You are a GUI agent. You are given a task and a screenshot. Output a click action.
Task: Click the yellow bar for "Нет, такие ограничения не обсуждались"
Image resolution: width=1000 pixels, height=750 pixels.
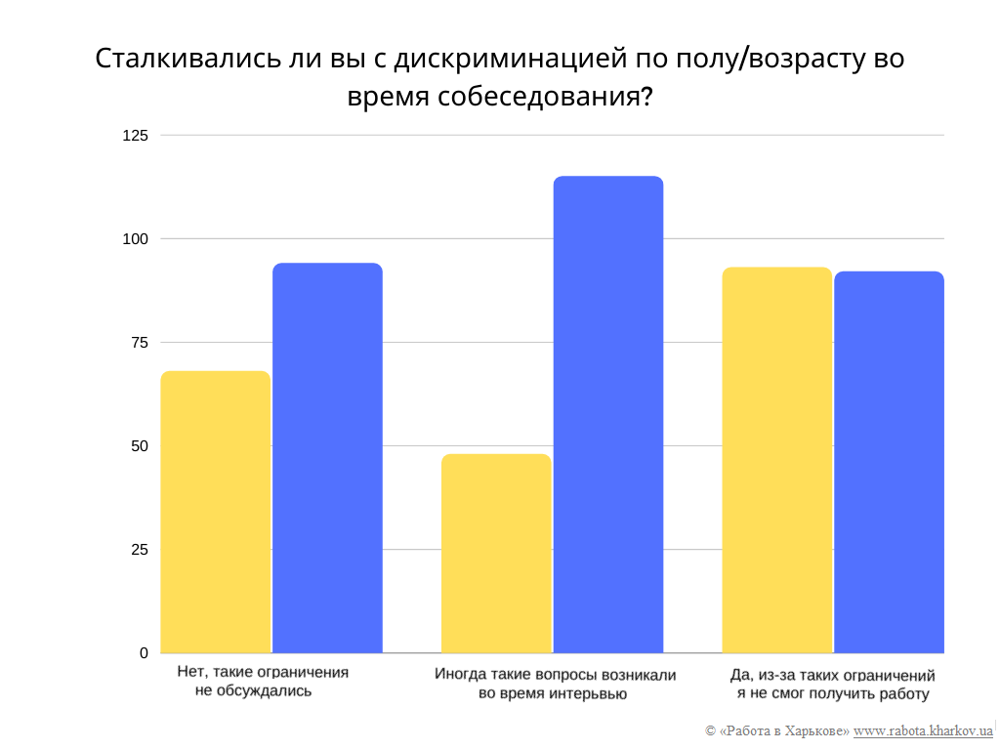click(x=215, y=512)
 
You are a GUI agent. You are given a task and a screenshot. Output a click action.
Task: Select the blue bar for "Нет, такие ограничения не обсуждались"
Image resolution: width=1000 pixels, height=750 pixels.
click(x=327, y=458)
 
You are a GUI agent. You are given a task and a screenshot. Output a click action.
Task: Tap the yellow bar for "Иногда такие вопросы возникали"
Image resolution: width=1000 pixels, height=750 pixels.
click(x=496, y=553)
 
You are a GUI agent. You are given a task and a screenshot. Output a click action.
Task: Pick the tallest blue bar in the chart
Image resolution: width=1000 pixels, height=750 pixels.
click(x=608, y=414)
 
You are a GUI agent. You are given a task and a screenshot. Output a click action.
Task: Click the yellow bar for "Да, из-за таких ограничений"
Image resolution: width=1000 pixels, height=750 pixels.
click(x=776, y=460)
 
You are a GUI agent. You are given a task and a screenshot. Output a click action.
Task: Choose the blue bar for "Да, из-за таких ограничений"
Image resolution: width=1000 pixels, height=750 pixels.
click(x=889, y=462)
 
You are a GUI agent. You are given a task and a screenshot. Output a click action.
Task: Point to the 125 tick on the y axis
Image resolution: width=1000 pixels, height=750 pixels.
click(x=135, y=136)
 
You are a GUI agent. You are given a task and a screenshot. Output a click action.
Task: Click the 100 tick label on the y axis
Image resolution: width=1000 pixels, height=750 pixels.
click(x=135, y=239)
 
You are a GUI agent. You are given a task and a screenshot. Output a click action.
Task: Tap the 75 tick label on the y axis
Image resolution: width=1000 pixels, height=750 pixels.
click(x=139, y=343)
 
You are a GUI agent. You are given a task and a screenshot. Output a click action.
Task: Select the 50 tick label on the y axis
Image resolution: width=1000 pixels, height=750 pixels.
click(x=139, y=446)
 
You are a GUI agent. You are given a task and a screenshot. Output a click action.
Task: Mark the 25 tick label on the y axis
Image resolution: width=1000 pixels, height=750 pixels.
click(x=139, y=550)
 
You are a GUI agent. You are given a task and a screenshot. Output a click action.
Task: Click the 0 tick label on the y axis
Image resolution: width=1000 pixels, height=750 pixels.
click(x=144, y=653)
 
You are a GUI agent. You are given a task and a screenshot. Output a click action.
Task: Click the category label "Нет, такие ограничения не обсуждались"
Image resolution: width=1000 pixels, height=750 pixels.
click(x=263, y=682)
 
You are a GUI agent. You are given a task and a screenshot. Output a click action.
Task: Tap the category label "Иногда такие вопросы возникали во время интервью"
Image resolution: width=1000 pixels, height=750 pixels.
click(x=554, y=684)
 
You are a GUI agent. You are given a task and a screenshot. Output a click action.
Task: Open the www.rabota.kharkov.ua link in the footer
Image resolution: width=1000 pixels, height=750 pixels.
click(x=923, y=730)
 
